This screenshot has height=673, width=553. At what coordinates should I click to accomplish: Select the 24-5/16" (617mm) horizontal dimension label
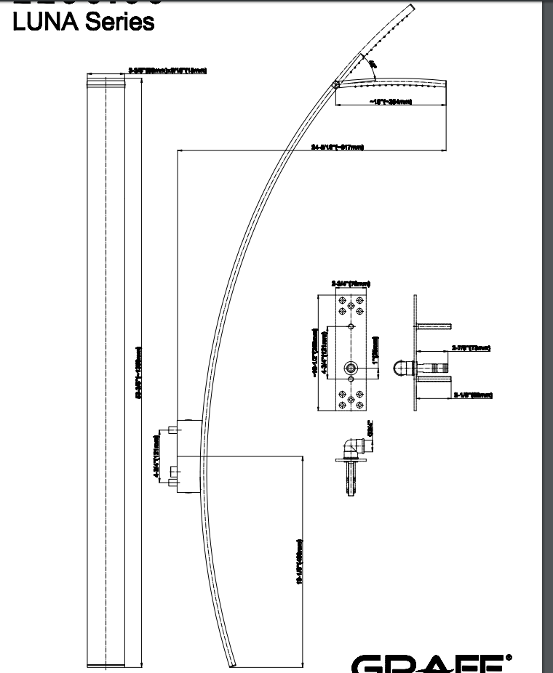[337, 148]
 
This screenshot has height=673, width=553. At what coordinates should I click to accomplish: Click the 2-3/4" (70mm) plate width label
[350, 283]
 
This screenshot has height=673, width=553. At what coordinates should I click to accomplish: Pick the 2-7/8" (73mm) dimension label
[472, 348]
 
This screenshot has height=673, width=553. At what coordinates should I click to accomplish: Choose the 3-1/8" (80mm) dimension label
[473, 395]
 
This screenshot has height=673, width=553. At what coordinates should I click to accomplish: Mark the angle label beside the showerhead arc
[373, 66]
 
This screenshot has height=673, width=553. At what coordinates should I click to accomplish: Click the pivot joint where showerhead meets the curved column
[335, 85]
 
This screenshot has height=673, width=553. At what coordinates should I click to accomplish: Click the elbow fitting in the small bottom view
[353, 444]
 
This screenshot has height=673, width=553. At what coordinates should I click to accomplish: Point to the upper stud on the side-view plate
[434, 325]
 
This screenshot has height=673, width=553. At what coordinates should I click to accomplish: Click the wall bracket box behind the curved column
[187, 456]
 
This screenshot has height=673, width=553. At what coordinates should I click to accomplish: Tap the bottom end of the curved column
[232, 663]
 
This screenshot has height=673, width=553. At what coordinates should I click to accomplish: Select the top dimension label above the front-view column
[167, 70]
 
